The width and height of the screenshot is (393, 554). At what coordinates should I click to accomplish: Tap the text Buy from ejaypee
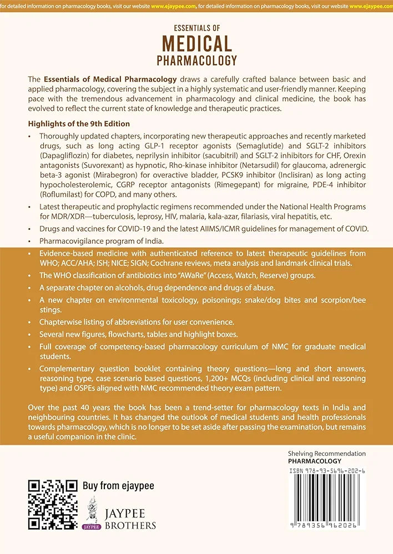pos(118,486)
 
